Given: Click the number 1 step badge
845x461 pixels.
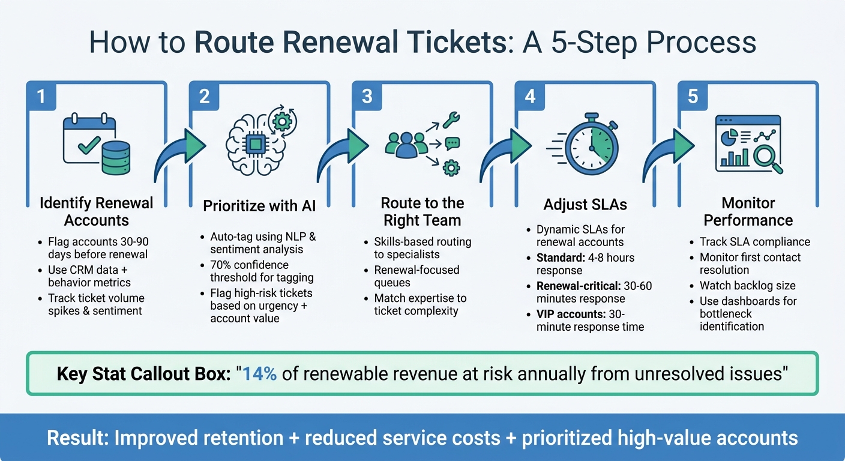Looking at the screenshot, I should tap(41, 95).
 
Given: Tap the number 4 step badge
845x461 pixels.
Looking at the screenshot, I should tap(530, 95).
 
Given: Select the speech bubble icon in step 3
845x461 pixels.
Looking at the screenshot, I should tap(452, 143).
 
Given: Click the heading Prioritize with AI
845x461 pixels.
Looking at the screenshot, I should tap(259, 206).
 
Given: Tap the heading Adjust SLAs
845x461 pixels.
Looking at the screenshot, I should tap(585, 205).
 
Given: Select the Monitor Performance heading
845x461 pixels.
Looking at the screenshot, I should tap(748, 211).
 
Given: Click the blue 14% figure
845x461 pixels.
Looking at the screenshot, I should tap(259, 373).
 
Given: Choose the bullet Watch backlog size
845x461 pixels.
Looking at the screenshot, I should tap(747, 285).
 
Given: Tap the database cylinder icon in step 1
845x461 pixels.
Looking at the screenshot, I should tap(115, 155).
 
